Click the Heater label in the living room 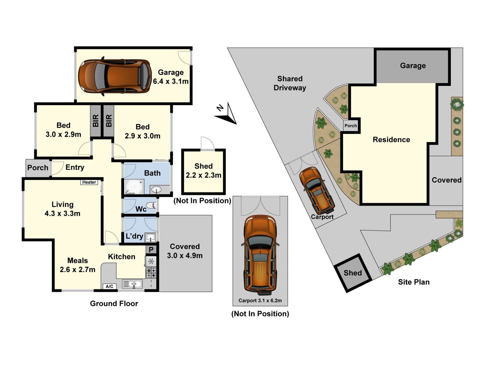pyautogui.click(x=89, y=182)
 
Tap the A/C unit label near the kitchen pyautogui.click(x=110, y=287)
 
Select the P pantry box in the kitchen pyautogui.click(x=151, y=250)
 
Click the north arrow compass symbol pyautogui.click(x=226, y=114)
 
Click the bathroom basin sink pyautogui.click(x=156, y=189)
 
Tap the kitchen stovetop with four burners pyautogui.click(x=151, y=273)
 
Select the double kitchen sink pyautogui.click(x=133, y=284)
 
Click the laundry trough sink pyautogui.click(x=150, y=237)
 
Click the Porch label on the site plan pyautogui.click(x=351, y=125)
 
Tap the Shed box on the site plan pyautogui.click(x=353, y=273)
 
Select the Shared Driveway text pyautogui.click(x=290, y=83)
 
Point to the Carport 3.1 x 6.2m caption pyautogui.click(x=260, y=300)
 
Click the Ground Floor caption pyautogui.click(x=114, y=304)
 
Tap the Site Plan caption pyautogui.click(x=414, y=282)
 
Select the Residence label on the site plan pyautogui.click(x=391, y=139)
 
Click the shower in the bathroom pyautogui.click(x=134, y=187)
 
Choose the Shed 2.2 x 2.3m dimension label pyautogui.click(x=203, y=171)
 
